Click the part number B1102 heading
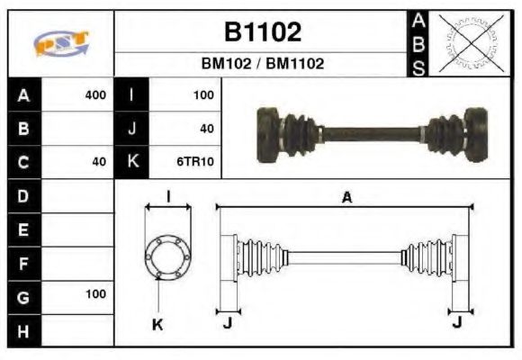click(x=262, y=32)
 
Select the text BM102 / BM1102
click(x=262, y=65)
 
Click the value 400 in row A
click(x=94, y=94)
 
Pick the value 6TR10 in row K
click(x=196, y=162)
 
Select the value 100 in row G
click(x=94, y=294)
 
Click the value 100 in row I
click(x=202, y=94)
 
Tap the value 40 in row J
click(x=206, y=129)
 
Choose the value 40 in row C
click(x=98, y=162)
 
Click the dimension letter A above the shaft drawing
click(x=346, y=198)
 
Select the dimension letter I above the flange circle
click(x=167, y=197)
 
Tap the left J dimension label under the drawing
click(x=227, y=324)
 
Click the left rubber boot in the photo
click(x=293, y=130)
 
